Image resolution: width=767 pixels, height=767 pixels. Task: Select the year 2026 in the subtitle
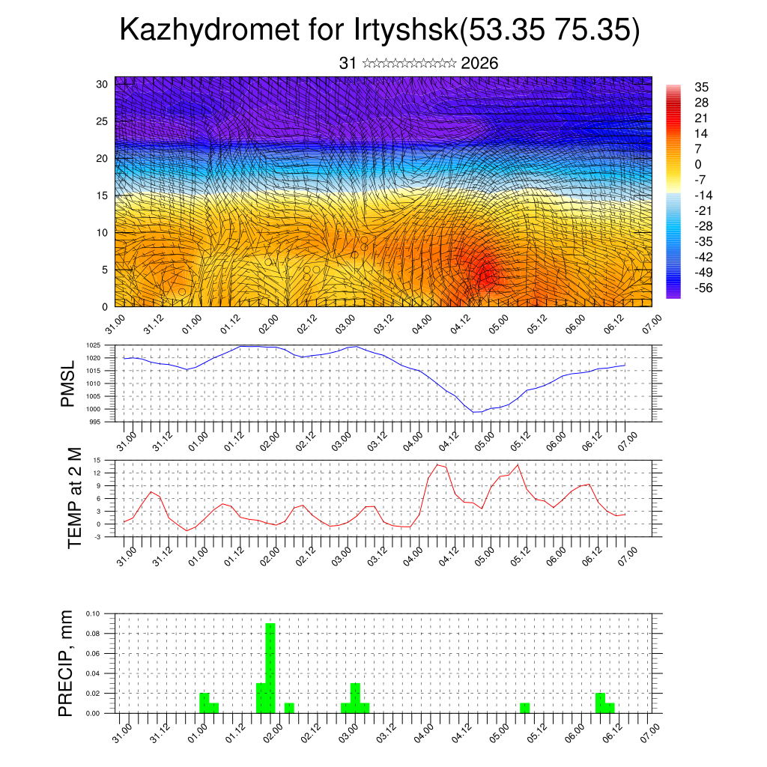(x=480, y=64)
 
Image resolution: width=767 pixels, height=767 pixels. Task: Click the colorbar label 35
(x=702, y=88)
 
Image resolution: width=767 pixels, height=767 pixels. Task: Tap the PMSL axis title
(x=68, y=383)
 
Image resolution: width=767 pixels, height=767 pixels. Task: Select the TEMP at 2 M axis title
(x=74, y=497)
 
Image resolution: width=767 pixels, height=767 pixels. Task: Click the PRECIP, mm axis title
(x=68, y=664)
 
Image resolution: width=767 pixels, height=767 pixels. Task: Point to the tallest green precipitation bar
(x=270, y=667)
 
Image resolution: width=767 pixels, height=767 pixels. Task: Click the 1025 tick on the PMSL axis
(x=93, y=345)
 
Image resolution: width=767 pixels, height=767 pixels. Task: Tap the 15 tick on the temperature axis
(x=97, y=460)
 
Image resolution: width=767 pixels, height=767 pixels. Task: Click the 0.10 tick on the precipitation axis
(x=93, y=613)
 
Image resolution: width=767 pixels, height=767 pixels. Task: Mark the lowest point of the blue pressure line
(x=475, y=413)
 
